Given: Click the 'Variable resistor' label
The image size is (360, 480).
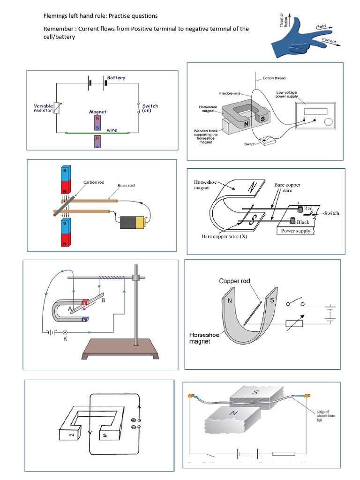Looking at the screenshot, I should coord(43,109).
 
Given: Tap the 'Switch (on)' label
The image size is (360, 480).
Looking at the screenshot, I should coord(150,108).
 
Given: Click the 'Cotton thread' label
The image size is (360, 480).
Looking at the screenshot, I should coord(274,78).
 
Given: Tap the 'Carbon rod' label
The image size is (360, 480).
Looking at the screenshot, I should coord(93,182).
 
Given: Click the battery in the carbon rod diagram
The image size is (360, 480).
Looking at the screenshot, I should coord(133,222).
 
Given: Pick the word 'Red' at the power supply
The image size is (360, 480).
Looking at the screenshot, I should coord(308,207).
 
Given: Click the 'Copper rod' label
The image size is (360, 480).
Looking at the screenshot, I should coord(235,281).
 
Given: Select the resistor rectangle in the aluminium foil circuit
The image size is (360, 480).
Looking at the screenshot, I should coord(284,454).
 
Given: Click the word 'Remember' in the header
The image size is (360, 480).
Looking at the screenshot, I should coord(59,29).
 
